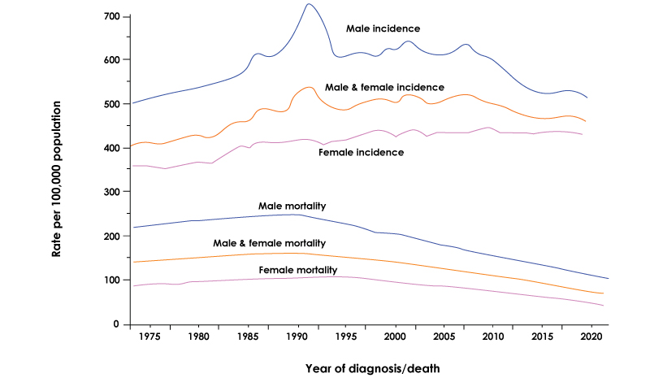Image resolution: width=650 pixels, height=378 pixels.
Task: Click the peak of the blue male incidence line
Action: pos(308,4)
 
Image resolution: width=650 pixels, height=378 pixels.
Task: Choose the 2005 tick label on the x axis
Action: pos(443,335)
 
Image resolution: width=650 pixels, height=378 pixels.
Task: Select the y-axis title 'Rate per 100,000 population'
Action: pos(57,170)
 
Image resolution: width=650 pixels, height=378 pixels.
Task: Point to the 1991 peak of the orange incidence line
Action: pos(309,87)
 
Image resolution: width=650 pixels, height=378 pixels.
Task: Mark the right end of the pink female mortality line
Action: pos(603,306)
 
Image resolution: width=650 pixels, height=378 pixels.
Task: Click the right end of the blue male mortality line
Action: pos(609,279)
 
